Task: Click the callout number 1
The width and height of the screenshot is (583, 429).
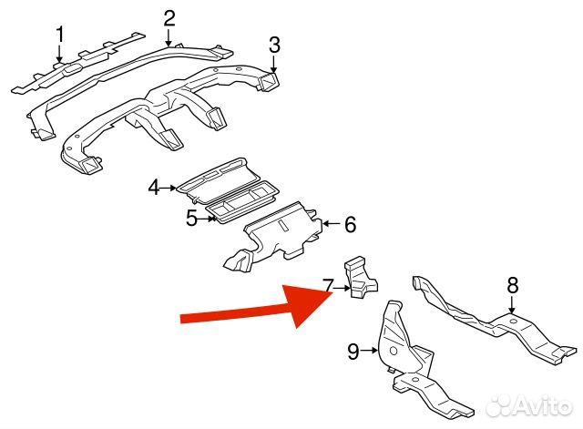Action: click(60, 36)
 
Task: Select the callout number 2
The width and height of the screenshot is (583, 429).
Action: click(169, 17)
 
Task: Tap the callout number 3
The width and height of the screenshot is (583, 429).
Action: click(274, 44)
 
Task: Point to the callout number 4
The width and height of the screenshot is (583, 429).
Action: click(154, 188)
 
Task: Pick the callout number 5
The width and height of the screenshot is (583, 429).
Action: click(191, 218)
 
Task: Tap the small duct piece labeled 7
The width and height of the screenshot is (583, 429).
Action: click(360, 278)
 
